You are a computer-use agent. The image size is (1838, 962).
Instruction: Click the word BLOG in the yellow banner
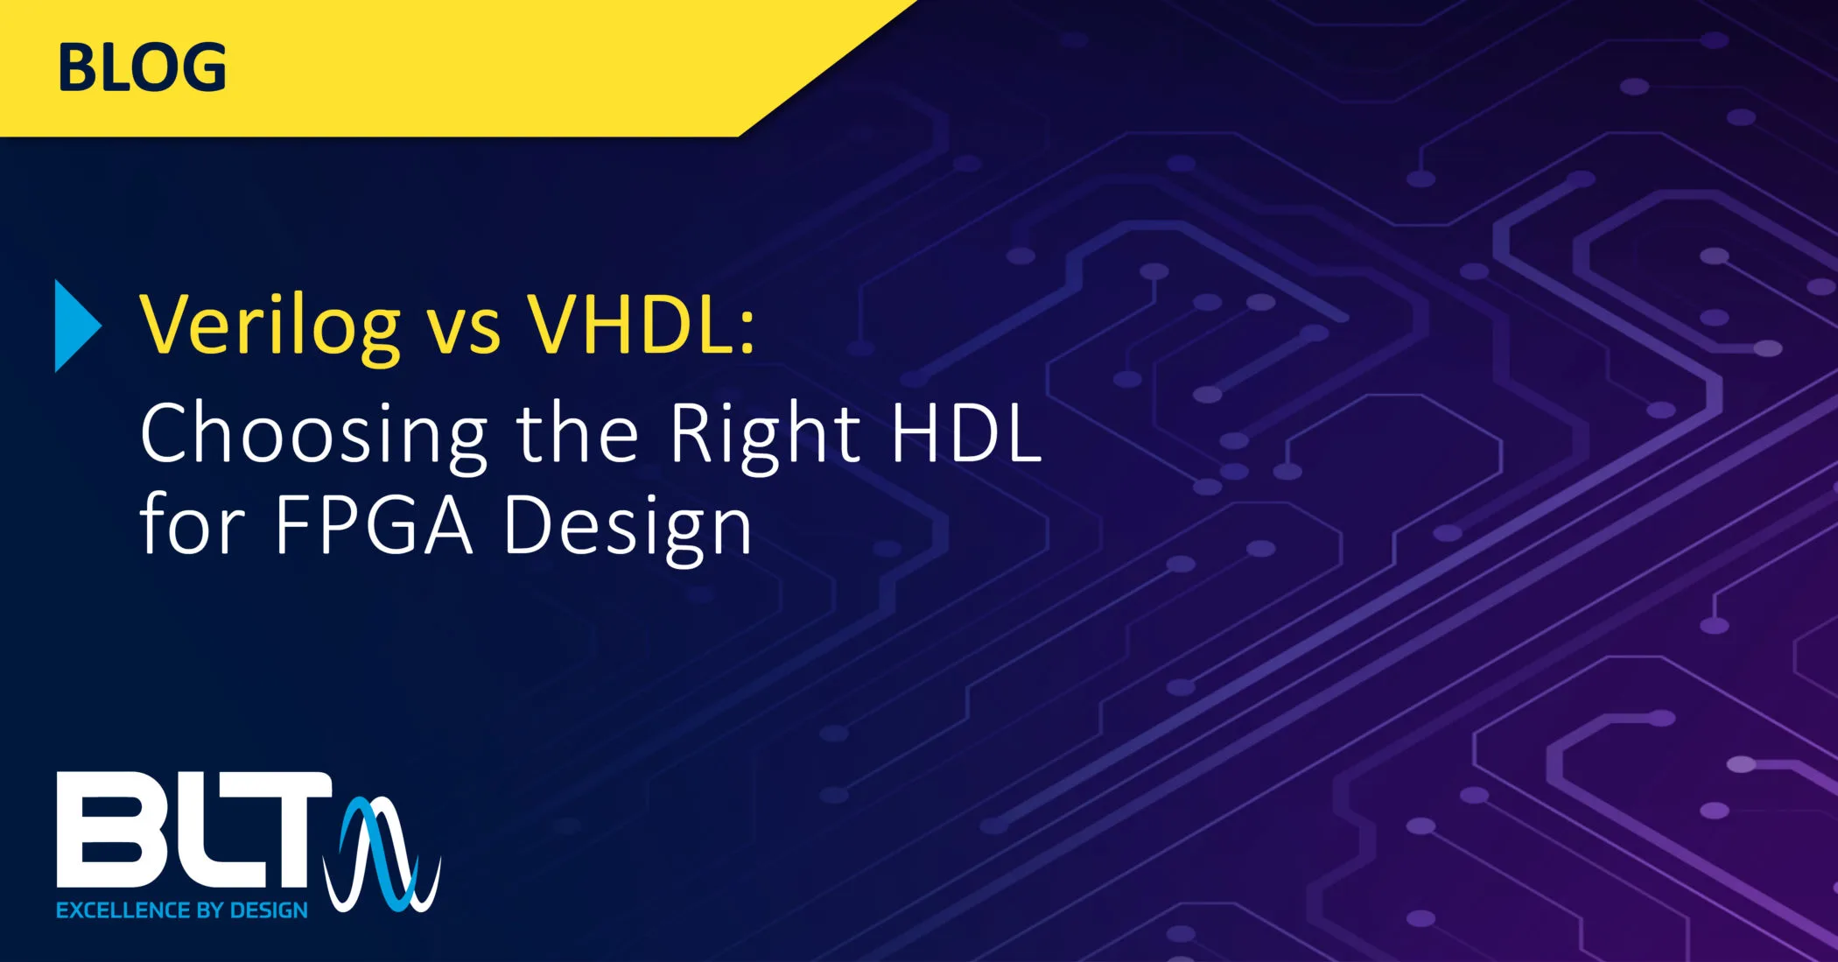tap(142, 67)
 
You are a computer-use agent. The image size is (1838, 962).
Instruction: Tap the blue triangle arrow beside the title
tap(77, 326)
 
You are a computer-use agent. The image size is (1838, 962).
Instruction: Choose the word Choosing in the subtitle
tap(313, 435)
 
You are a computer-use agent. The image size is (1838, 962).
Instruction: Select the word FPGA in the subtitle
tap(374, 525)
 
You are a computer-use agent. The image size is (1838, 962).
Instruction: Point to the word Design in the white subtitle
tap(628, 529)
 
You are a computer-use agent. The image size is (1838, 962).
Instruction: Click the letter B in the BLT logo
tap(109, 829)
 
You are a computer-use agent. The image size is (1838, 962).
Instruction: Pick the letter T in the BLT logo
tap(291, 829)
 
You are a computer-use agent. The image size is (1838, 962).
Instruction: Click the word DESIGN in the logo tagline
tap(269, 910)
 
